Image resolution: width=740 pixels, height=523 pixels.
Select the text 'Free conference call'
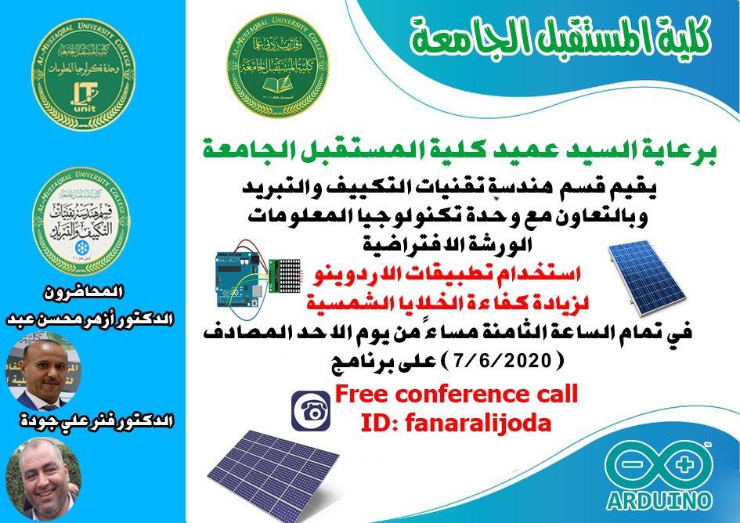456,394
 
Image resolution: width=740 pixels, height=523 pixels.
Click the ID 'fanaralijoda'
456,423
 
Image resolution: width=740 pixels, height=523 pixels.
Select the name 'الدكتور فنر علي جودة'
88,421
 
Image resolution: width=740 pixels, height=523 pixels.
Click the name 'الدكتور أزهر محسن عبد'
88,321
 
